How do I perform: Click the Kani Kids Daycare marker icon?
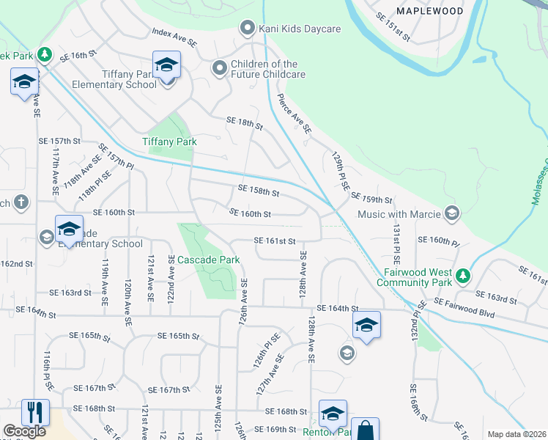point(247,29)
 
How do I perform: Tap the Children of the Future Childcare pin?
point(219,69)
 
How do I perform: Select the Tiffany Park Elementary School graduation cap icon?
point(166,65)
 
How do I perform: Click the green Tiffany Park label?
point(169,142)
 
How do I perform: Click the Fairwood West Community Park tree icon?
point(462,276)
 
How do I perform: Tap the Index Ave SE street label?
point(175,38)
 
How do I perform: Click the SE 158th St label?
point(259,191)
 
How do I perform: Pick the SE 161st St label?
point(275,241)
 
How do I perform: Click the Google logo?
point(25,431)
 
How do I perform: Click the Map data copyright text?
point(516,434)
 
